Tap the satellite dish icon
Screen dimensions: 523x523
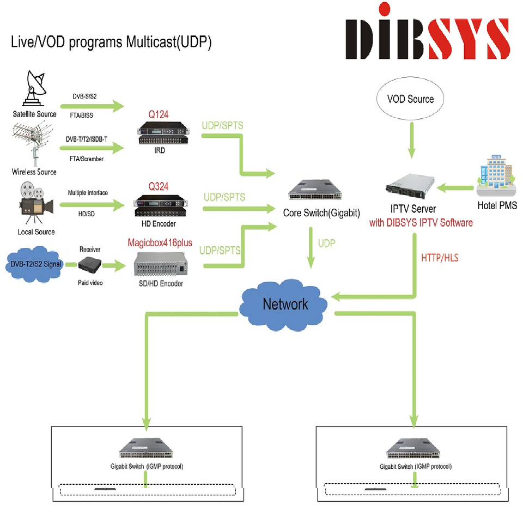[x=34, y=88]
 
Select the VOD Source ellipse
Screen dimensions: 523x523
[x=410, y=99]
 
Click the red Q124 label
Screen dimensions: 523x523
[x=159, y=114]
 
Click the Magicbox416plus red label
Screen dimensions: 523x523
[x=160, y=242]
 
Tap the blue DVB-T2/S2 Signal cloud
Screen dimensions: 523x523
[x=35, y=264]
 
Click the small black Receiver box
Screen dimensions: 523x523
[x=90, y=265]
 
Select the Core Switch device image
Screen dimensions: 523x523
[x=315, y=190]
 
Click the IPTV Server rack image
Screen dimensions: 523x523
[x=410, y=186]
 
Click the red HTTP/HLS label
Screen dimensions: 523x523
[x=440, y=258]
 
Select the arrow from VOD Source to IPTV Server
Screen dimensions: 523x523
[x=412, y=140]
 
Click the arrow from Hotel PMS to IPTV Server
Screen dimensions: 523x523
[x=455, y=188]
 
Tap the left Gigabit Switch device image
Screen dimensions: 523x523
[x=146, y=448]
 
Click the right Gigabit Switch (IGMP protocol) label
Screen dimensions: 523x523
[x=416, y=467]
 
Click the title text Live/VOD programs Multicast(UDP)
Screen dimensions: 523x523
[x=111, y=42]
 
